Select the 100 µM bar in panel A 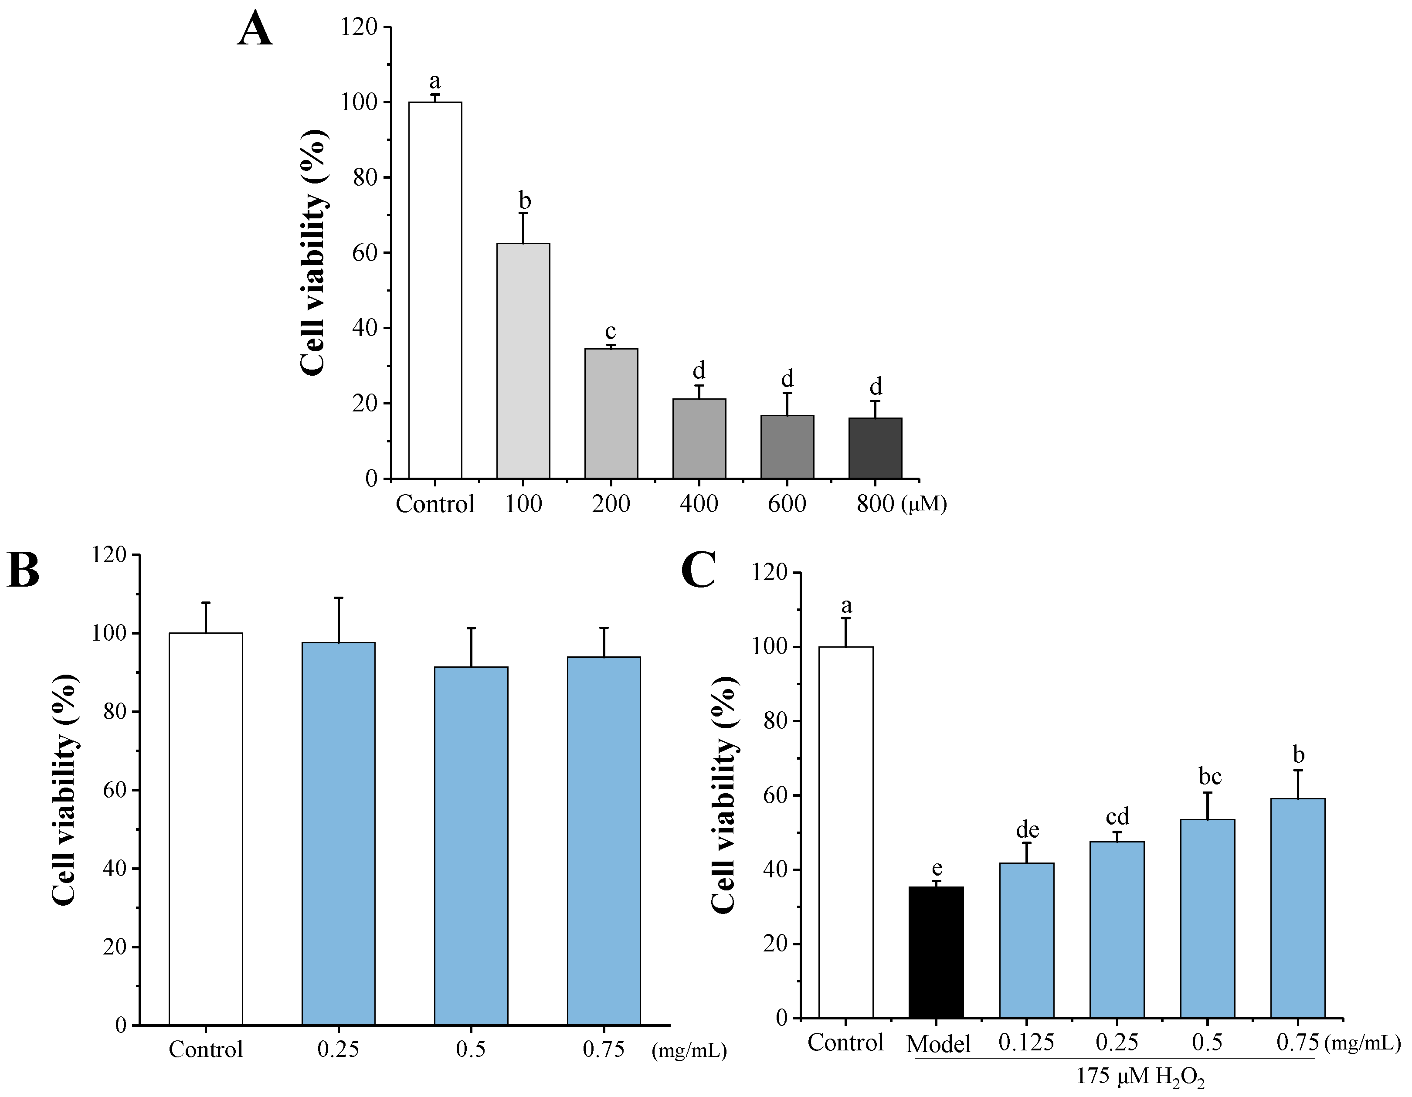523,361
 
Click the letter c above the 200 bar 610,332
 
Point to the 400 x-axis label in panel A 698,503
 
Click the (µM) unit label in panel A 923,503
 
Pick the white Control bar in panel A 435,290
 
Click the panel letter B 23,571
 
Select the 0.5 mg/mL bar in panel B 471,846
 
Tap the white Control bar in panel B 206,829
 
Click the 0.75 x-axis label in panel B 603,1049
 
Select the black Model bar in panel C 936,952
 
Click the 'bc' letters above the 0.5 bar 1210,776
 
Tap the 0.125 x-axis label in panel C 1026,1042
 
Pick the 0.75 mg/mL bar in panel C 1297,908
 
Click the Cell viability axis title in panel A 314,252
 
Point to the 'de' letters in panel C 1027,829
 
